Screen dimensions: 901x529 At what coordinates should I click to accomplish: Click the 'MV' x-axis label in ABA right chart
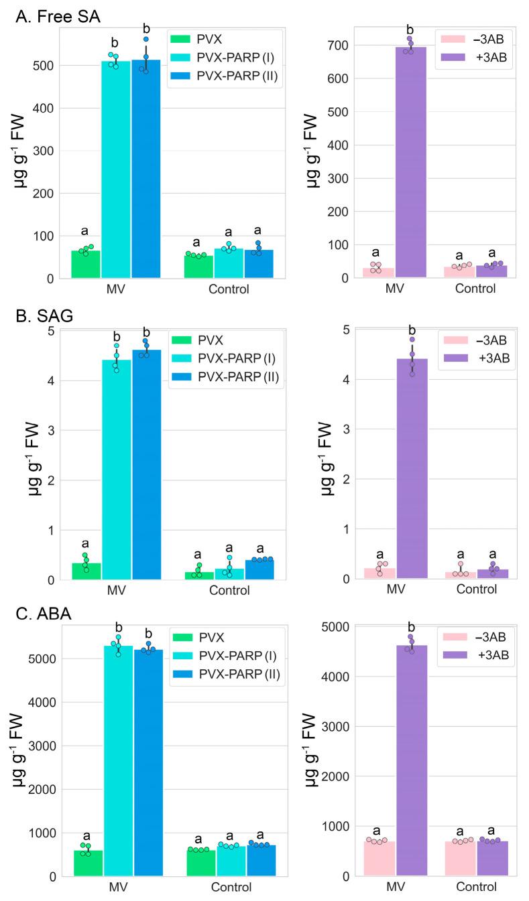pyautogui.click(x=396, y=887)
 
